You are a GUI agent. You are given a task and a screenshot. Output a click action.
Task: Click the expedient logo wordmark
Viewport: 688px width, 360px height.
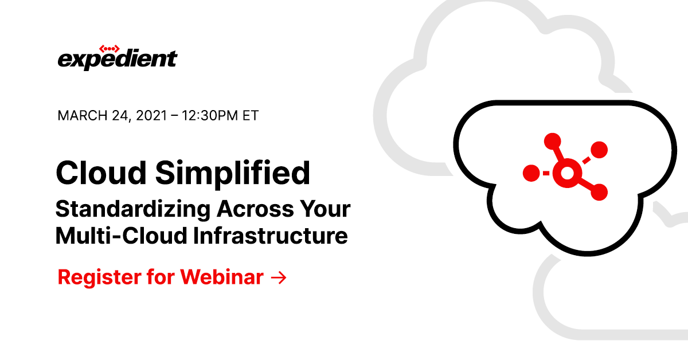tap(118, 60)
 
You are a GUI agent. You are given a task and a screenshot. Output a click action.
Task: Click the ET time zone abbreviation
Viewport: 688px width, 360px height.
tap(251, 116)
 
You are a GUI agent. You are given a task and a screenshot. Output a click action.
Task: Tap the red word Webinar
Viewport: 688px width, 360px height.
tap(222, 277)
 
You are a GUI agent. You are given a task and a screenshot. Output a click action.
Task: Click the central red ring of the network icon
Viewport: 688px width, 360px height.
tap(566, 173)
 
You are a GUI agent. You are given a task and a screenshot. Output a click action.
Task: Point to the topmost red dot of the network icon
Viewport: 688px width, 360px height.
tap(552, 141)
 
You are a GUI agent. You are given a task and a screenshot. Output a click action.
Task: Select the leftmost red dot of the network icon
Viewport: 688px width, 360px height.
tap(531, 172)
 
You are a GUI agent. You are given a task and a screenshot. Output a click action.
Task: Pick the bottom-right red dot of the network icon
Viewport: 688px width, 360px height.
tap(599, 193)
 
